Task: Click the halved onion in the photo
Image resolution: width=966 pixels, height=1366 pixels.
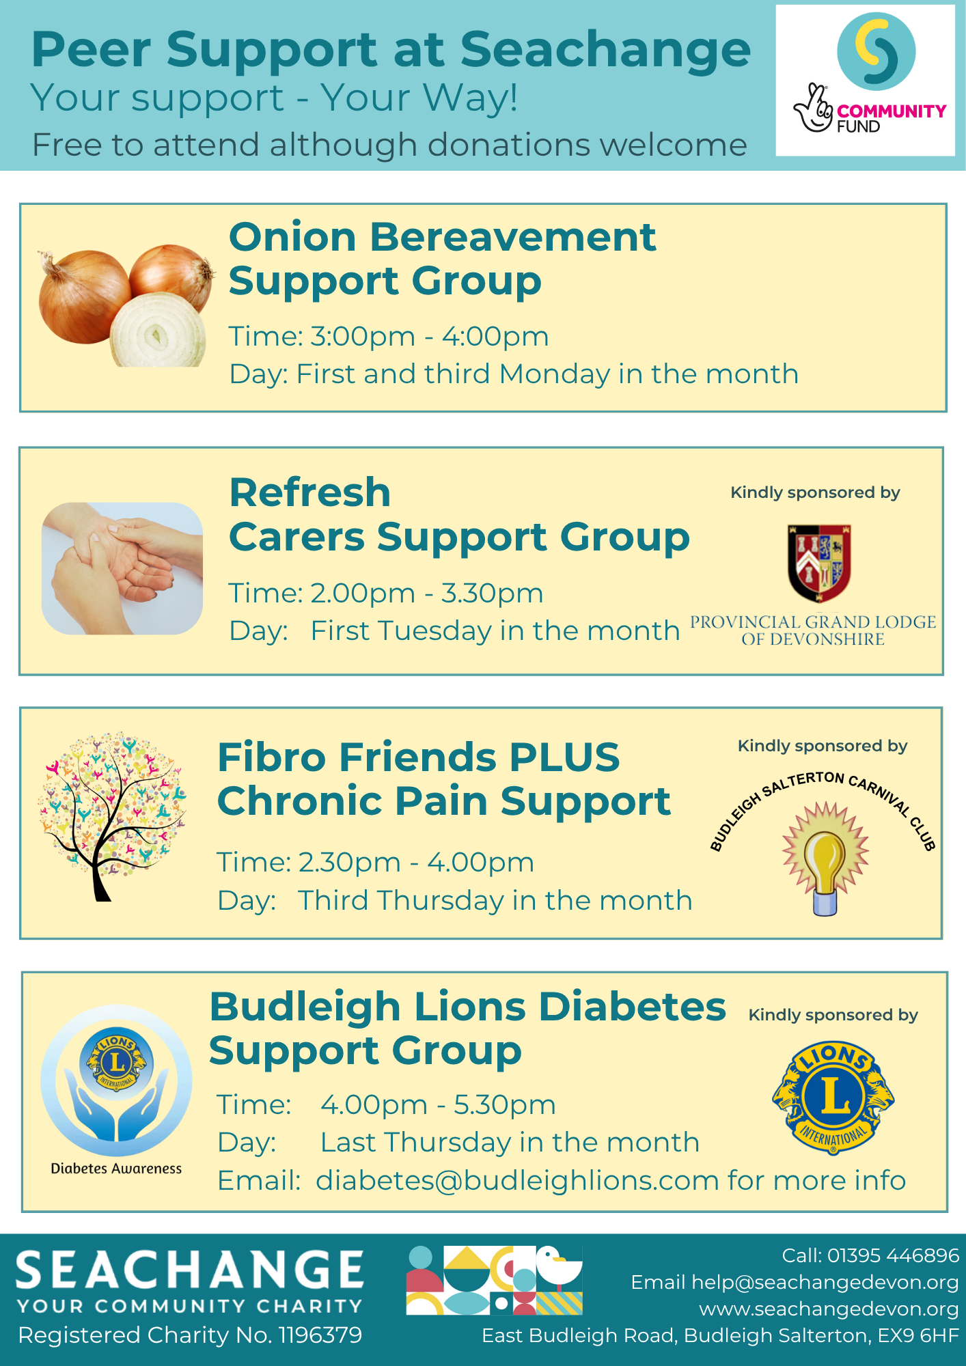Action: [158, 331]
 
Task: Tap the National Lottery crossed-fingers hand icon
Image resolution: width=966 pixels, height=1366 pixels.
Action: [813, 108]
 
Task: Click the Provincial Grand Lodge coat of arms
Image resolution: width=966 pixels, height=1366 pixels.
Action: [819, 563]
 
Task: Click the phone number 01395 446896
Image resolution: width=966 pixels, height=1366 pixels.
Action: [893, 1255]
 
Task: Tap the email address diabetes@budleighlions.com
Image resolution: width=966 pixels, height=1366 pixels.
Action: [517, 1180]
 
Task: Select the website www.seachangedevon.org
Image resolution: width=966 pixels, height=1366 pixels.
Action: [829, 1309]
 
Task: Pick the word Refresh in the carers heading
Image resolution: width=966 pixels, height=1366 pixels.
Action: [310, 492]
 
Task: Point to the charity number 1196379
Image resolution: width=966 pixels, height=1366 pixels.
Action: [320, 1335]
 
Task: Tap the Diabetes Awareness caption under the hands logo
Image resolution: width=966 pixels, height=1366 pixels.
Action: [116, 1169]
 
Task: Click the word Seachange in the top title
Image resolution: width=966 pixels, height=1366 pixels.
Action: [605, 50]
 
